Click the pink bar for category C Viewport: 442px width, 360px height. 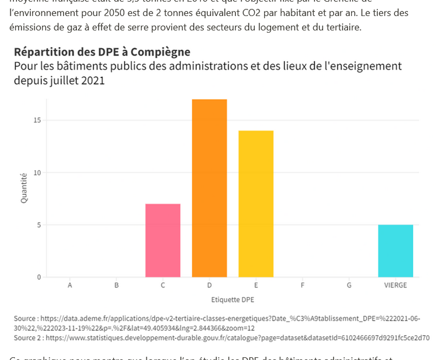tap(163, 241)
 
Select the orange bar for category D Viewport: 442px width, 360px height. tap(209, 188)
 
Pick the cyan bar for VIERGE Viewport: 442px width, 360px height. tap(395, 251)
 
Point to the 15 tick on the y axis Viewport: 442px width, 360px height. tap(36, 121)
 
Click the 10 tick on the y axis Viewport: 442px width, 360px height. tap(36, 173)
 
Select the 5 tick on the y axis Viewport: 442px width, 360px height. tap(38, 225)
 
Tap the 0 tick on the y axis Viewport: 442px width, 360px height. tap(38, 277)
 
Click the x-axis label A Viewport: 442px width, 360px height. tap(70, 286)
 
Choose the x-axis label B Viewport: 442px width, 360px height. tap(117, 286)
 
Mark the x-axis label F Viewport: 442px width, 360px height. tap(302, 286)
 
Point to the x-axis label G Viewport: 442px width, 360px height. tap(349, 286)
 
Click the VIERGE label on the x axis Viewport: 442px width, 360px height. tap(395, 286)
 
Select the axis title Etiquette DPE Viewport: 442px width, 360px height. tap(232, 300)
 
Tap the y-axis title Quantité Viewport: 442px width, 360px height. tap(24, 188)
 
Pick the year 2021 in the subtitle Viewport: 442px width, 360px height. tap(93, 81)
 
